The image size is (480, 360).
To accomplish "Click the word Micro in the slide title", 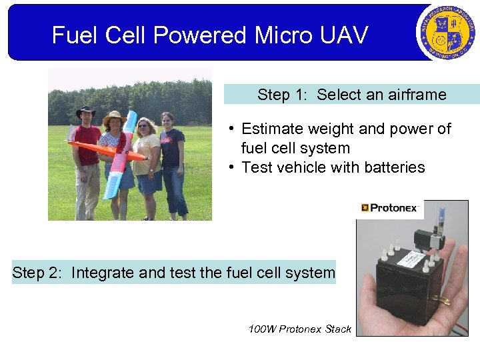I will click(273, 35).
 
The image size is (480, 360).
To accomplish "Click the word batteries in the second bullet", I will click(391, 167).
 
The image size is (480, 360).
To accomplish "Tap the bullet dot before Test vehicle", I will click(229, 167).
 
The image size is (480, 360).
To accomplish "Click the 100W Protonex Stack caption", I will click(299, 329).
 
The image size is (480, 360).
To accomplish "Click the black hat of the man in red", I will click(85, 110).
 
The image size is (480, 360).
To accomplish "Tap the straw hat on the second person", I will click(114, 117).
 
